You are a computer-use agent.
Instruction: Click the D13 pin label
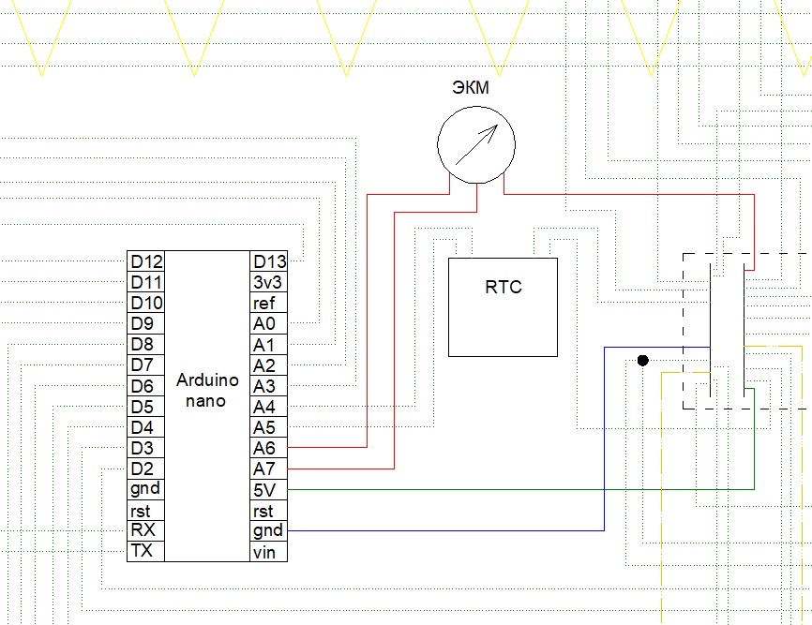269,261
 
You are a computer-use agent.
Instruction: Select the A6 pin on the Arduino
263,448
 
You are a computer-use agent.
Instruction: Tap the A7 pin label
263,469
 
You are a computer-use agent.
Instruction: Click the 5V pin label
264,490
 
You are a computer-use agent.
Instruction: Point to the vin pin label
264,552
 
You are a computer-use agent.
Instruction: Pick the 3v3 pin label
268,282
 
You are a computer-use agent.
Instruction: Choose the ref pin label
263,304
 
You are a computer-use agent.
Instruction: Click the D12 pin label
146,261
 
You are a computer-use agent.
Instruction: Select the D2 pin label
142,469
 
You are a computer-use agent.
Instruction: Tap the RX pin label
143,529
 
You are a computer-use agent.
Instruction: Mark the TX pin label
142,550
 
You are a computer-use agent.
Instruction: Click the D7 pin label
142,365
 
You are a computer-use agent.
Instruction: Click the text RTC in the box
504,287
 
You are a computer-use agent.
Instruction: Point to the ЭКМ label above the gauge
470,87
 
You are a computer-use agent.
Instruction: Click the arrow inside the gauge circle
477,145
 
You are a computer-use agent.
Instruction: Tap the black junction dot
642,361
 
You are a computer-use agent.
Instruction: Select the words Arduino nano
206,391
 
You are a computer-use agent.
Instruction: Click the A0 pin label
264,324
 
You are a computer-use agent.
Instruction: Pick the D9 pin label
142,324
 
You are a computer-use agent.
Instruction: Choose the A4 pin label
263,407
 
